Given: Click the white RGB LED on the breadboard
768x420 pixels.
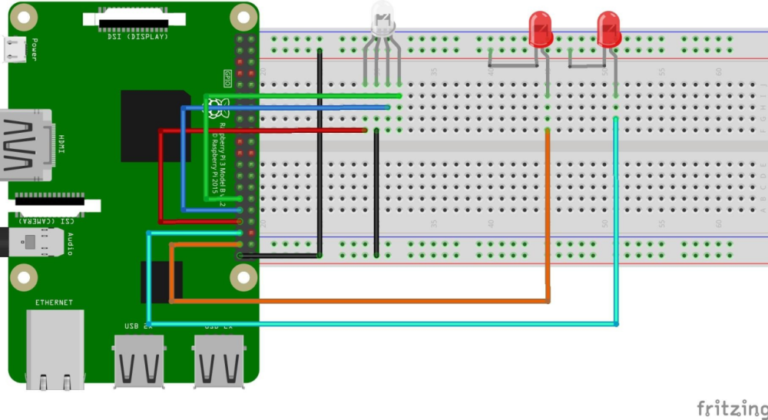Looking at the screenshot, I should click(382, 20).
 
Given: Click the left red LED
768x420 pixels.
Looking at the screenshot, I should click(541, 29).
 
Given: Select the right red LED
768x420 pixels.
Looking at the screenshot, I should click(608, 29).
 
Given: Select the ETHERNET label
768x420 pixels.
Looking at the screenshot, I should click(54, 303).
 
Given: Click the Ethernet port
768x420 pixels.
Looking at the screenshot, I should click(55, 349).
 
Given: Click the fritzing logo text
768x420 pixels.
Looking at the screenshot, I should click(731, 408).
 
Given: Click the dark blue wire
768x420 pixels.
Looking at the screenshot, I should click(183, 161).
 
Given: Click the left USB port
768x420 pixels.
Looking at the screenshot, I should click(139, 361).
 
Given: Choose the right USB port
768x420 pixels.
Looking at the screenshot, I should click(219, 361).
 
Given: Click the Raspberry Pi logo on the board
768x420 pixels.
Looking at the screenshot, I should click(217, 107).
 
